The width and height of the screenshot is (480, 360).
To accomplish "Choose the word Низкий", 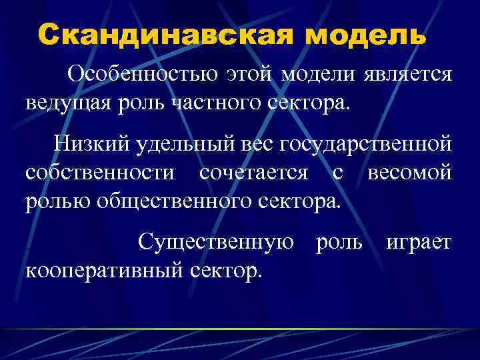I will click(x=92, y=143).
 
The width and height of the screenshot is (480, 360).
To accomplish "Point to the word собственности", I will click(x=101, y=172).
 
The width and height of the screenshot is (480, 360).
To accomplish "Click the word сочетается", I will click(x=253, y=172).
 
